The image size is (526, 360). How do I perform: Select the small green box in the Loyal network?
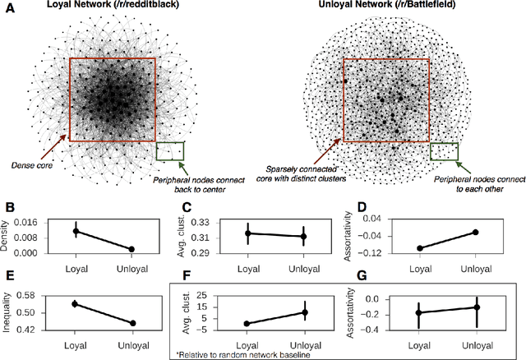pyautogui.click(x=169, y=151)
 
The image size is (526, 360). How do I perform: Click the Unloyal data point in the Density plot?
pyautogui.click(x=131, y=249)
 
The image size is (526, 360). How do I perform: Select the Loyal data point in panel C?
pyautogui.click(x=247, y=233)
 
